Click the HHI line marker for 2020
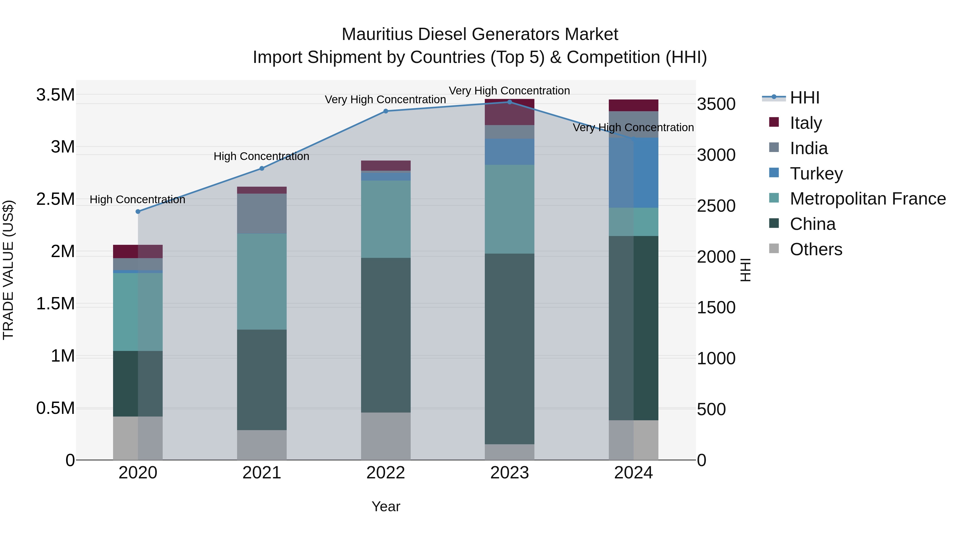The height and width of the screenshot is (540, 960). click(x=138, y=211)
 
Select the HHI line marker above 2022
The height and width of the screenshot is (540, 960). click(x=386, y=111)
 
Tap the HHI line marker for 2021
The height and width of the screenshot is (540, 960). click(x=262, y=169)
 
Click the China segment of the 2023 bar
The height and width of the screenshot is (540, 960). click(x=509, y=349)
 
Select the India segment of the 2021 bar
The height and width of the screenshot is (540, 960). click(x=262, y=214)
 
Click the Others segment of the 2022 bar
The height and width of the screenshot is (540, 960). click(x=386, y=436)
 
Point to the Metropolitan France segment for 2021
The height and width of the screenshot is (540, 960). click(x=262, y=281)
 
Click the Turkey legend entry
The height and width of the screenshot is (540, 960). click(x=816, y=174)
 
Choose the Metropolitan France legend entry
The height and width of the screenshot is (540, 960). click(x=867, y=199)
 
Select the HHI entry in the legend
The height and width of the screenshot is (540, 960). click(x=804, y=98)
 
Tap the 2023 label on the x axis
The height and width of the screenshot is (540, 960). click(x=509, y=473)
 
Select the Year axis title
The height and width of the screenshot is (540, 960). click(x=386, y=506)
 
